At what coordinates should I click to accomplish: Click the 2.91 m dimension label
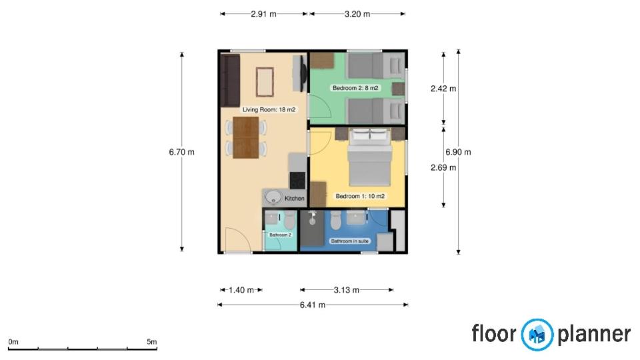(264, 14)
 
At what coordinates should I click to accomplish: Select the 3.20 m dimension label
(357, 14)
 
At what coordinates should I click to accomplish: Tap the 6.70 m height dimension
(181, 152)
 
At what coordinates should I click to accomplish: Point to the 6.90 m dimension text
(458, 152)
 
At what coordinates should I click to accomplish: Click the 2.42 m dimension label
(443, 89)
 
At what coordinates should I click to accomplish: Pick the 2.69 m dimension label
(443, 167)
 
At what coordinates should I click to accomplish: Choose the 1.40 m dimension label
(241, 290)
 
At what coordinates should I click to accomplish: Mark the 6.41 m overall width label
(313, 305)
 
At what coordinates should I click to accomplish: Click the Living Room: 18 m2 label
(269, 109)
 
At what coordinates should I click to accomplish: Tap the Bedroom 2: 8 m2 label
(355, 88)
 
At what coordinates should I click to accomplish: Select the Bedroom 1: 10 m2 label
(360, 196)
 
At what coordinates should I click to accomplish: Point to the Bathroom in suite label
(350, 241)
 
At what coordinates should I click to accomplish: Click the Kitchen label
(295, 199)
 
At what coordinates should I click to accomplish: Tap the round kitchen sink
(273, 197)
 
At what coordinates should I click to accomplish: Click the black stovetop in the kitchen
(297, 181)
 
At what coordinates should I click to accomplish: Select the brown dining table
(246, 137)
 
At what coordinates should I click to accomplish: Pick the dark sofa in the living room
(230, 81)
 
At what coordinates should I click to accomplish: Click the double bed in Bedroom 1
(370, 157)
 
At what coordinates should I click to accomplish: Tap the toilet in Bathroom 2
(289, 221)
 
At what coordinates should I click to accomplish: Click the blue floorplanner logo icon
(537, 335)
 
